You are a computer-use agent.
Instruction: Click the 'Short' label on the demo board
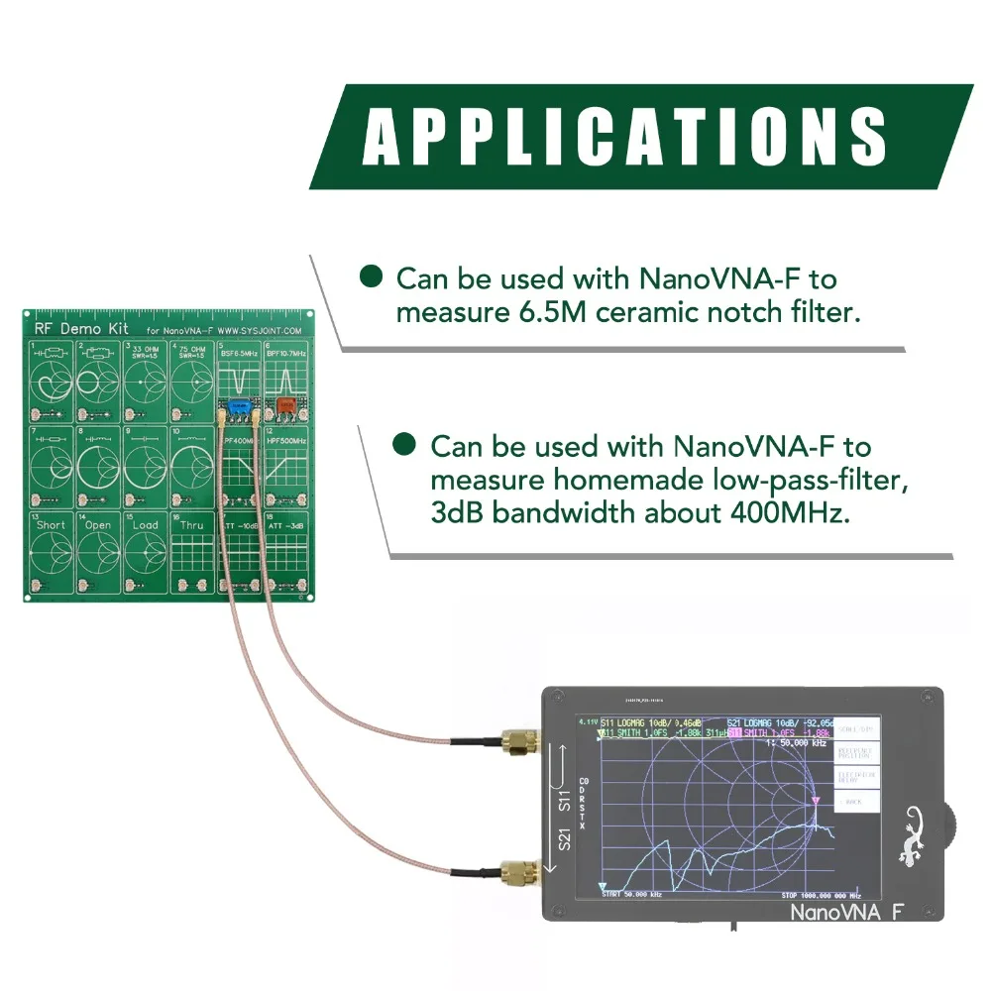(x=51, y=524)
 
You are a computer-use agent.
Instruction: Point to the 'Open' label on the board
(x=97, y=524)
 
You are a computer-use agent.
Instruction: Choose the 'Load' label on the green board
(x=146, y=524)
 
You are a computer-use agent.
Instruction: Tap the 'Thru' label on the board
(x=192, y=524)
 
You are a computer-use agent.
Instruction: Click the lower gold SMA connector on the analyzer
(x=519, y=873)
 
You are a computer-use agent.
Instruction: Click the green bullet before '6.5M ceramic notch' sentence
(x=372, y=276)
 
